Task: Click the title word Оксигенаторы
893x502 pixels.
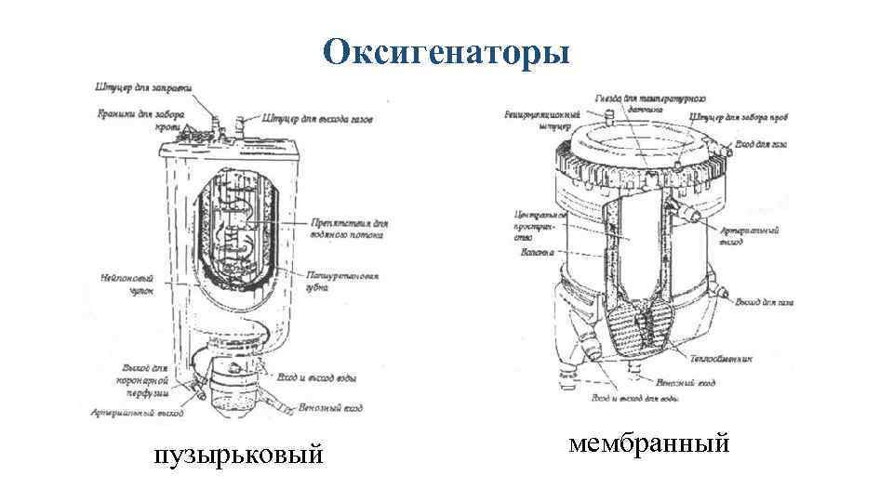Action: tap(446, 53)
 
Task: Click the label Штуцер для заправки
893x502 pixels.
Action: tap(143, 89)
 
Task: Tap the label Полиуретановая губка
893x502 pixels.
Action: tap(343, 283)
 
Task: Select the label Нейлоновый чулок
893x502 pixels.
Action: tap(123, 284)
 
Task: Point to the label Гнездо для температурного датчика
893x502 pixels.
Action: tap(650, 103)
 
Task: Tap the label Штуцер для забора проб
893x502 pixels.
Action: tap(740, 118)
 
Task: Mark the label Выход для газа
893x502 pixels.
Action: tap(764, 303)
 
